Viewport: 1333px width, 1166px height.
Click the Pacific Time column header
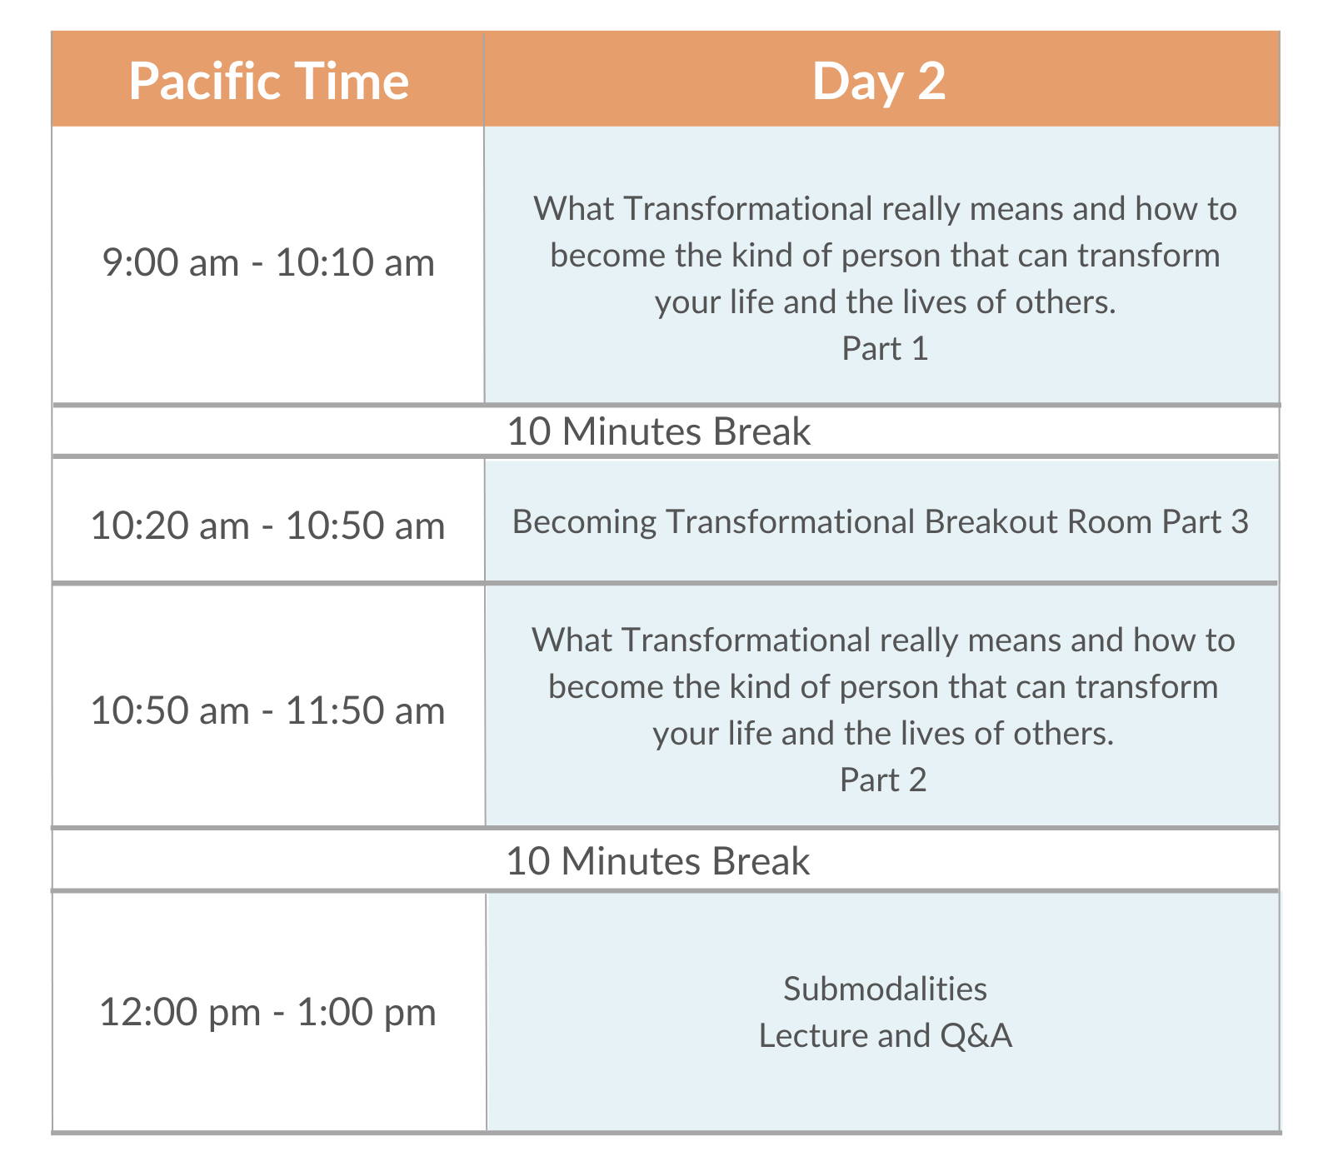point(268,82)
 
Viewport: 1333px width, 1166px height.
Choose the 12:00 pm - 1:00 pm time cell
point(268,1012)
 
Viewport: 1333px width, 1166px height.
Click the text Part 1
point(885,348)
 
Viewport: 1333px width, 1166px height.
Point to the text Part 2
point(883,780)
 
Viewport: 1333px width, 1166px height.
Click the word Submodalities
point(885,989)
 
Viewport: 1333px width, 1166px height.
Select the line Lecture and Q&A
point(885,1035)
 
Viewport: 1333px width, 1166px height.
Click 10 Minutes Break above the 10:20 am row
point(658,431)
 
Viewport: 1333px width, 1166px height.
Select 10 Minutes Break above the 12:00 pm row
point(657,861)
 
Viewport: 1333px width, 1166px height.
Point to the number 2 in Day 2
point(931,82)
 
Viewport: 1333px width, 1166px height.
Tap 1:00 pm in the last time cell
point(367,1012)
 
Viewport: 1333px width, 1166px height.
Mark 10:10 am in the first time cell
point(355,262)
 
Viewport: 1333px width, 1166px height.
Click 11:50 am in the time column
point(365,710)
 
